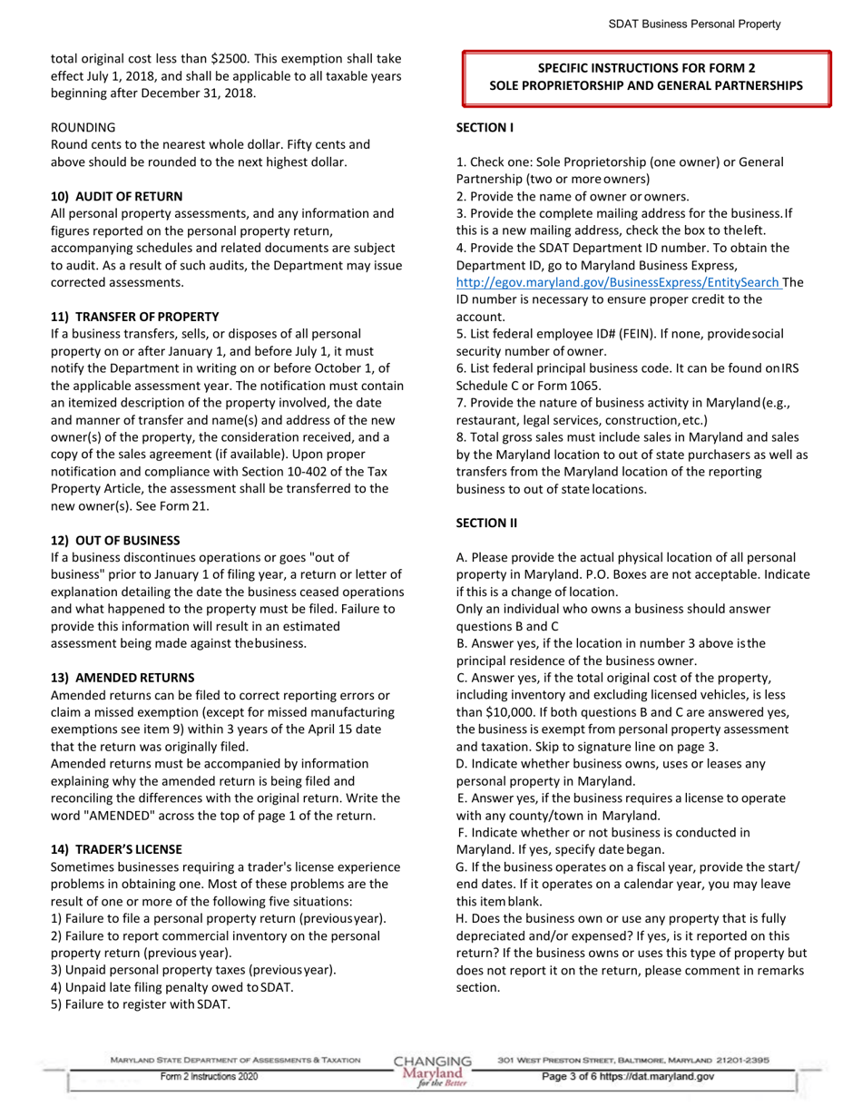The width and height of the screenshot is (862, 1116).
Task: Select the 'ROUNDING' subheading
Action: pos(83,127)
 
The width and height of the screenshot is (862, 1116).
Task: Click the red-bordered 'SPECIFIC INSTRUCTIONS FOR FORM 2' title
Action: pos(646,76)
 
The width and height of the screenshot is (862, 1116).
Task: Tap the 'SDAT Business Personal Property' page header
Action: pos(694,25)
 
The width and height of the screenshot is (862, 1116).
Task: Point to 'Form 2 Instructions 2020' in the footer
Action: pos(209,1076)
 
